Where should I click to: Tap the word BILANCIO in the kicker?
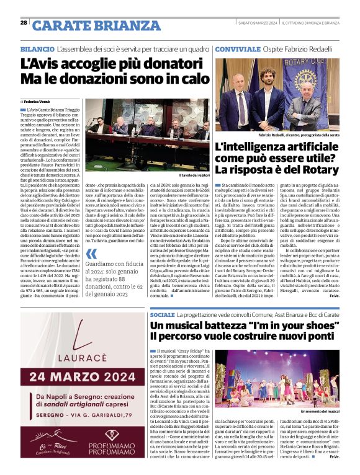click(x=37, y=48)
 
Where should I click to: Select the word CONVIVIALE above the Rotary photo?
click(x=234, y=48)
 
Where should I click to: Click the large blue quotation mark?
click(x=92, y=254)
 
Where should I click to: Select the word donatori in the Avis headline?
click(x=153, y=64)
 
